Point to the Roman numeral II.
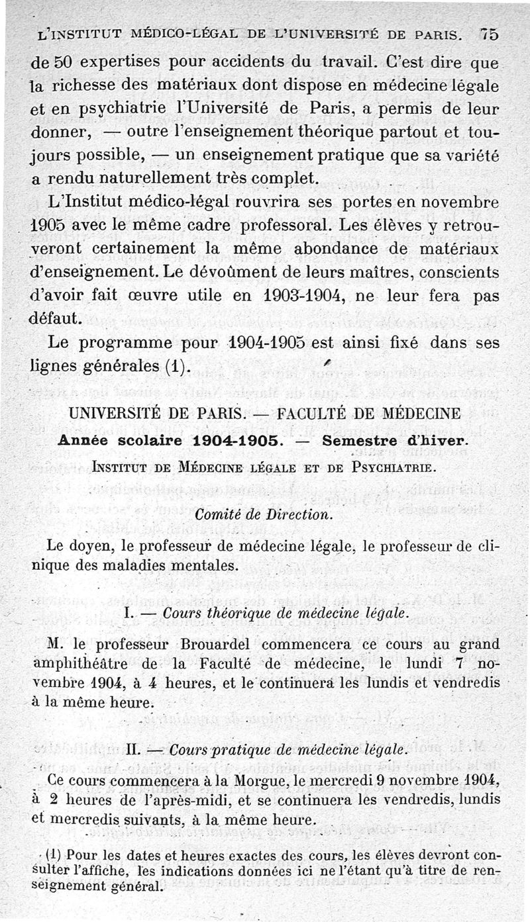[x=131, y=750]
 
